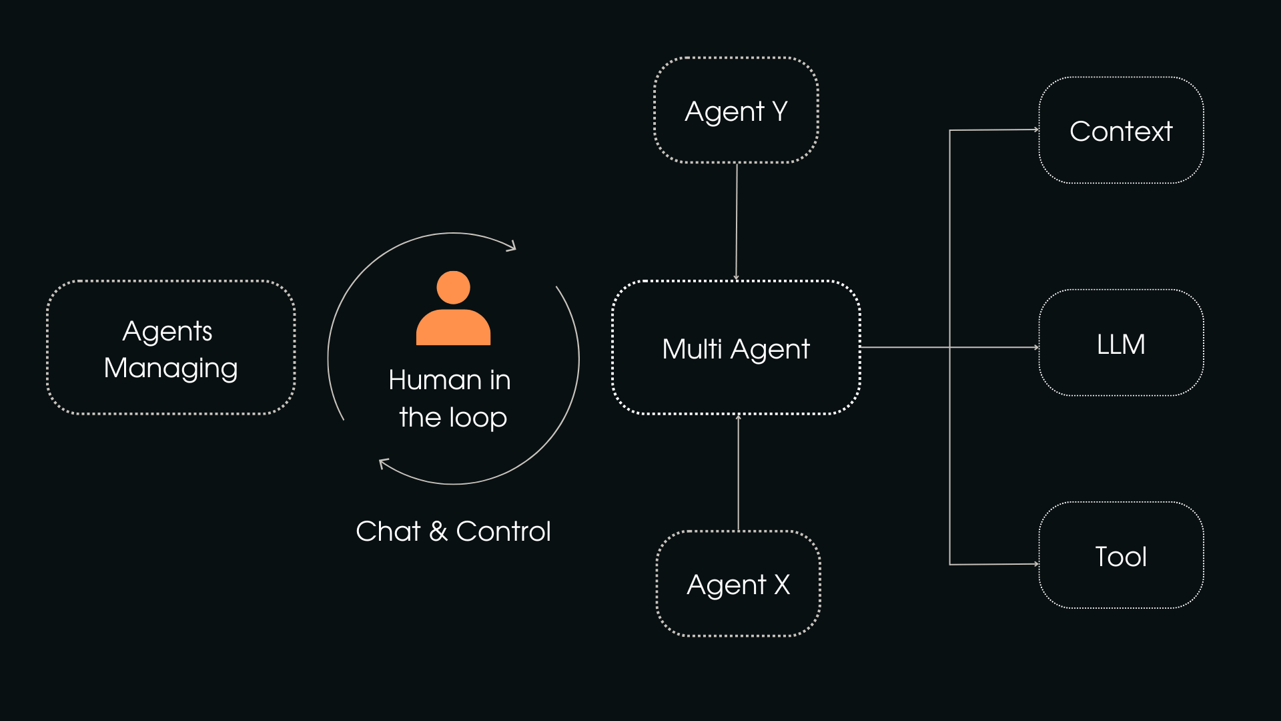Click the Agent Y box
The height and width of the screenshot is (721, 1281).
736,111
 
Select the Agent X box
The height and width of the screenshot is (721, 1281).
738,584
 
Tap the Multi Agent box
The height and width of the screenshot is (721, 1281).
736,348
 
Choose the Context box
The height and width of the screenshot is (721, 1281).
1121,131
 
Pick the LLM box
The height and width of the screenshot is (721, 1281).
1121,344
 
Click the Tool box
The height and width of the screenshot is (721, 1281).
1121,556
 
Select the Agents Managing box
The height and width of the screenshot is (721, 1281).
171,348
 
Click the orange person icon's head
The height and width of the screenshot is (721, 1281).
453,288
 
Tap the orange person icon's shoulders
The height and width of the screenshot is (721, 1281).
453,328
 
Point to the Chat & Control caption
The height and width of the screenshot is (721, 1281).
453,531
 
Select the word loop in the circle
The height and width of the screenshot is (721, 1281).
478,418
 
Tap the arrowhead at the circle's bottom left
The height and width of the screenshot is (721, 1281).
383,462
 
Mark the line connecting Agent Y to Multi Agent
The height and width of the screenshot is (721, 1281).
737,220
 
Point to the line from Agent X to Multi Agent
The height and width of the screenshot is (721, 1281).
739,474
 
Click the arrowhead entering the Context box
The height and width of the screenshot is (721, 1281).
1036,130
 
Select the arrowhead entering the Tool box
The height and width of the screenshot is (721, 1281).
1036,564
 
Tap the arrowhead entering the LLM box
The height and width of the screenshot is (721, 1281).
1036,347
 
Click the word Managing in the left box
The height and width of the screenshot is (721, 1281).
171,368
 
